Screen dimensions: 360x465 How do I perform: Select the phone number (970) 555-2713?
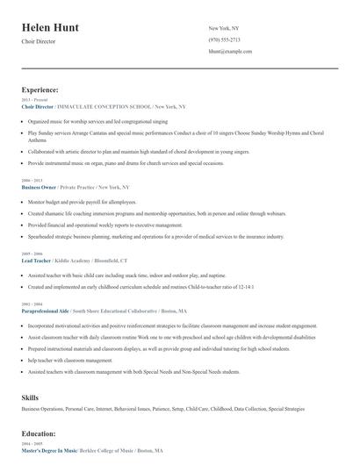(224, 39)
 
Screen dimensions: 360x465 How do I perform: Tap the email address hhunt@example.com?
(230, 52)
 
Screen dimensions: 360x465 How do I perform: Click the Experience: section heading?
(40, 89)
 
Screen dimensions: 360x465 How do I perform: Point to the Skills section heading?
(30, 397)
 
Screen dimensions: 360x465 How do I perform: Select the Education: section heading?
(40, 433)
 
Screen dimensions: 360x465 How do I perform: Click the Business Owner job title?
(39, 187)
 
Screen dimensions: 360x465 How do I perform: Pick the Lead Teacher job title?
(37, 261)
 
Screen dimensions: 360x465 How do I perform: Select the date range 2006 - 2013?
(31, 181)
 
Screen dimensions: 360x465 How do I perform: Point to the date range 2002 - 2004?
(31, 304)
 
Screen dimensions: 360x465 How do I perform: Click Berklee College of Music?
(106, 450)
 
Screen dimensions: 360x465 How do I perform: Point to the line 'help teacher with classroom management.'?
(70, 360)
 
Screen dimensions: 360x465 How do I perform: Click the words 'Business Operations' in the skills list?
(42, 409)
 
